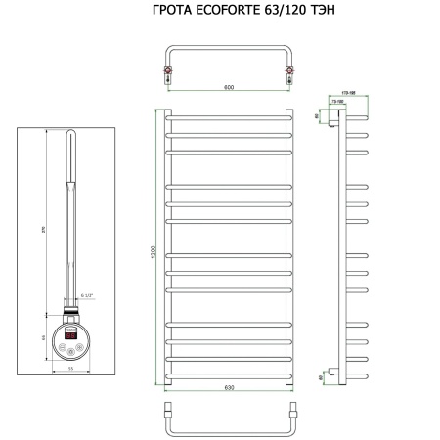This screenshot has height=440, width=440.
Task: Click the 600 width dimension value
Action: [228, 88]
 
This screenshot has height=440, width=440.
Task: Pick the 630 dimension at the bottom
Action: [229, 387]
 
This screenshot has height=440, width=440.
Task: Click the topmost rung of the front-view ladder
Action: [229, 117]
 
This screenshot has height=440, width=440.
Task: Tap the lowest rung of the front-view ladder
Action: [229, 375]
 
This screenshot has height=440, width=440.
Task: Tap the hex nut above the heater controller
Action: [70, 313]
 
